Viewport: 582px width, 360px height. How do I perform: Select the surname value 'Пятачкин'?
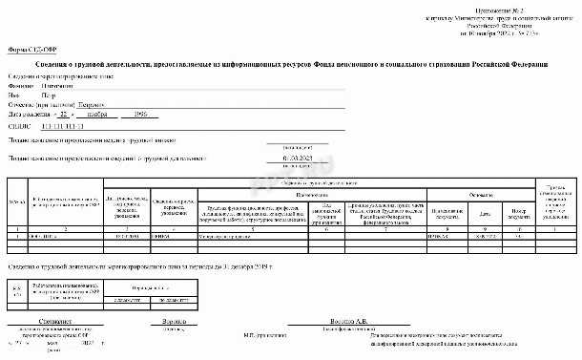[x=60, y=86]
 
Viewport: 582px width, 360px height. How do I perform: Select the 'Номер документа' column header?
[x=518, y=213]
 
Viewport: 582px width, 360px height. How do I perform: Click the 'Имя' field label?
[x=13, y=96]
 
